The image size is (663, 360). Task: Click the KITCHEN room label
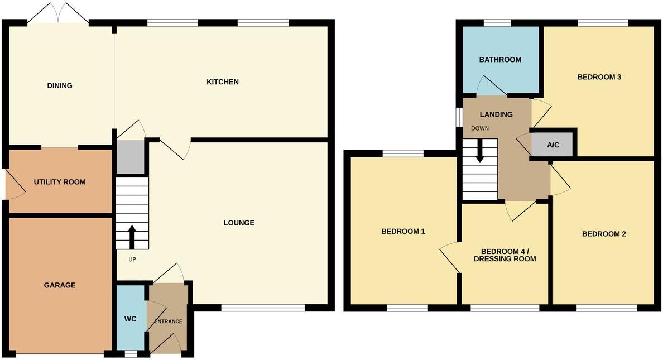pyautogui.click(x=223, y=82)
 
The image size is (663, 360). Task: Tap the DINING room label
pyautogui.click(x=60, y=85)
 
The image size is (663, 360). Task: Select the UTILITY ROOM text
pyautogui.click(x=60, y=182)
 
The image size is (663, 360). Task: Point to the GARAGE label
pyautogui.click(x=60, y=285)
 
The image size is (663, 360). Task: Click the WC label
pyautogui.click(x=130, y=319)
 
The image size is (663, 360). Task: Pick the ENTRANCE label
pyautogui.click(x=168, y=321)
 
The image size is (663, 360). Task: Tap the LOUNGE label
pyautogui.click(x=239, y=223)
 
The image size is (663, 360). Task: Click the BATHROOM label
pyautogui.click(x=500, y=60)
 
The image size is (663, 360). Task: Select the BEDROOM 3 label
pyautogui.click(x=599, y=77)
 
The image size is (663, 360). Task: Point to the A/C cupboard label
pyautogui.click(x=552, y=145)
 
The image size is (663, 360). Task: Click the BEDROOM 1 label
pyautogui.click(x=403, y=231)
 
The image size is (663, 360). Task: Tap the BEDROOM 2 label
pyautogui.click(x=604, y=234)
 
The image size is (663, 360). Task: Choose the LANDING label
pyautogui.click(x=496, y=114)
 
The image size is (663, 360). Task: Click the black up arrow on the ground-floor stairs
pyautogui.click(x=132, y=237)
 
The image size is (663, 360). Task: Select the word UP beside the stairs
pyautogui.click(x=132, y=259)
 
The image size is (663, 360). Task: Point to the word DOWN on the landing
pyautogui.click(x=480, y=128)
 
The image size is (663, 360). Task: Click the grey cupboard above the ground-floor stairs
pyautogui.click(x=131, y=157)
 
